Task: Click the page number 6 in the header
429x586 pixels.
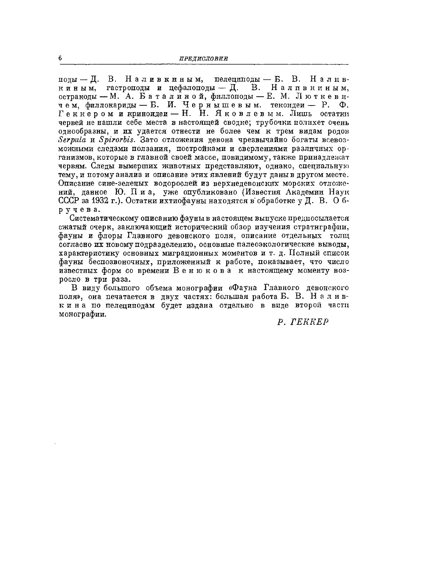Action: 60,58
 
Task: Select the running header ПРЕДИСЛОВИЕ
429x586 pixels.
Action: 203,59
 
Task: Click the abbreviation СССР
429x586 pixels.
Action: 67,200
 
